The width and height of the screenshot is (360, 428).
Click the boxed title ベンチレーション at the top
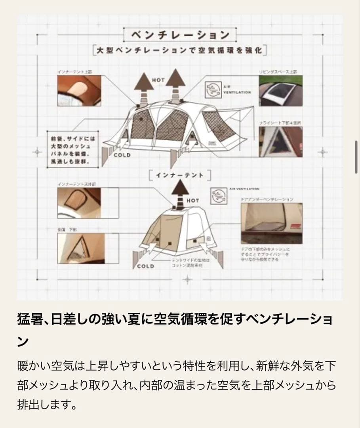pyautogui.click(x=180, y=35)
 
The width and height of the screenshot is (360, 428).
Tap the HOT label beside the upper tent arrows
pyautogui.click(x=158, y=80)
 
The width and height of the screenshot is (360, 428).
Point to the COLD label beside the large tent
pyautogui.click(x=122, y=155)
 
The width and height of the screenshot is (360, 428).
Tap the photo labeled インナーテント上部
pyautogui.click(x=79, y=91)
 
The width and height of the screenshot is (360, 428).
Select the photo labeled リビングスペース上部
pyautogui.click(x=280, y=91)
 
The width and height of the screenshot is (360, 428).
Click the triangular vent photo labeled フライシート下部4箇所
pyautogui.click(x=280, y=141)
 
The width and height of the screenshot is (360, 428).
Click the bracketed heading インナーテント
pyautogui.click(x=179, y=175)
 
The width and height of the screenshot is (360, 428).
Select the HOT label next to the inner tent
pyautogui.click(x=192, y=201)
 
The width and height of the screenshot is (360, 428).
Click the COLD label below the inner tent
pyautogui.click(x=145, y=266)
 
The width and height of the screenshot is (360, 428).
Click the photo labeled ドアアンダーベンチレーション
pyautogui.click(x=271, y=223)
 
